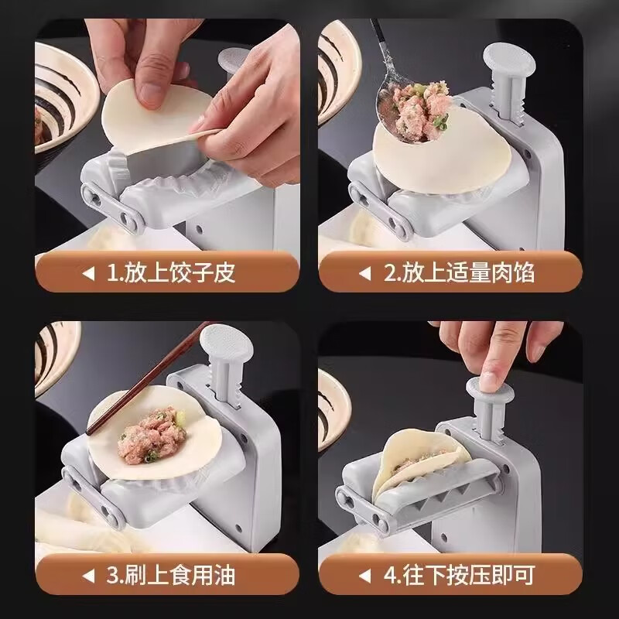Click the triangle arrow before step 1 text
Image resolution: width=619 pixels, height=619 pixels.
click(x=88, y=273)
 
